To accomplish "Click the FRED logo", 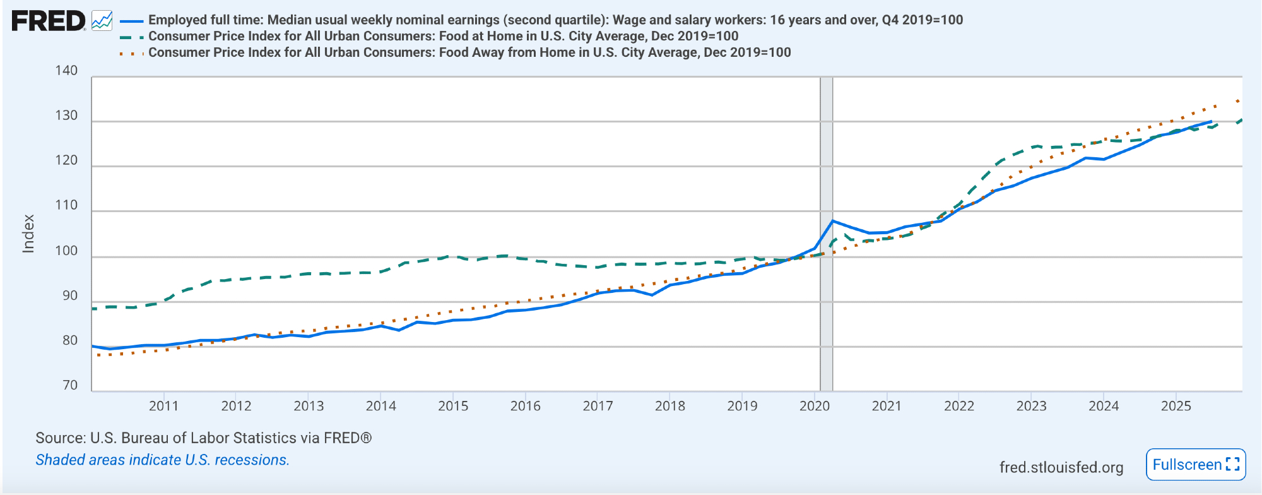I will [x=49, y=21].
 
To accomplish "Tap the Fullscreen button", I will [x=1196, y=465].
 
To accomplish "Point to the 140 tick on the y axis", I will [x=66, y=71].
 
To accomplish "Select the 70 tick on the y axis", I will [x=70, y=385].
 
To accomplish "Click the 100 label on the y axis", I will [x=66, y=251].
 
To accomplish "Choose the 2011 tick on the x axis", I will [x=163, y=406].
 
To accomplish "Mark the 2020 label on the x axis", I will [x=815, y=406].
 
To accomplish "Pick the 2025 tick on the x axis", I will [x=1176, y=406].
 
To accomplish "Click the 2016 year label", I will [x=526, y=406].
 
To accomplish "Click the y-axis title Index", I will [x=28, y=234].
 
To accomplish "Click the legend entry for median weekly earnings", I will [x=555, y=20].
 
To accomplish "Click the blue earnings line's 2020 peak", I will [x=833, y=221].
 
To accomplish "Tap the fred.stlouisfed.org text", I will [x=1061, y=467].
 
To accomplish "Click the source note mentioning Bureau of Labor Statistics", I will [x=203, y=438].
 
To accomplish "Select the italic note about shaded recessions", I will [x=162, y=460].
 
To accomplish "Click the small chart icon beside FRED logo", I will [x=102, y=21].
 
